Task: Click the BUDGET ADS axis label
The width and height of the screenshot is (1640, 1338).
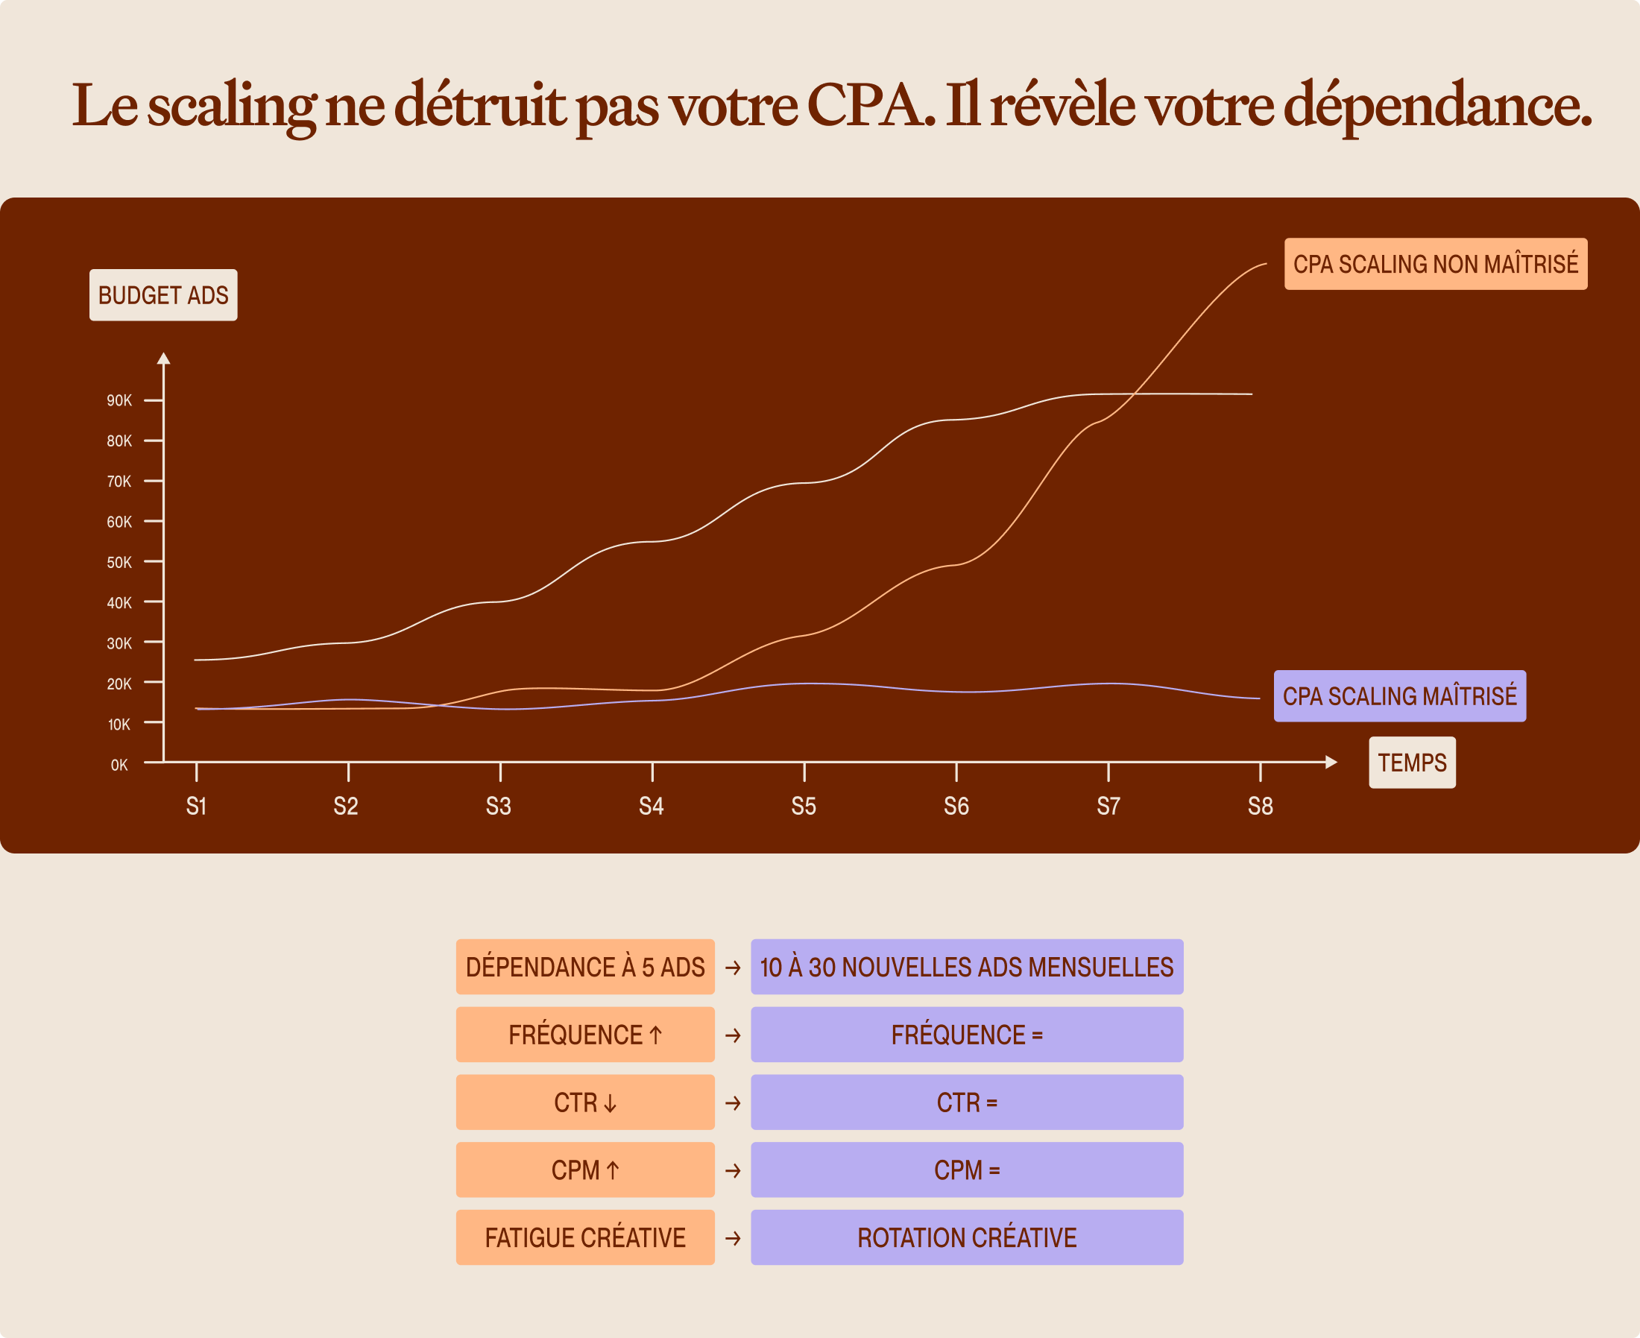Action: point(163,295)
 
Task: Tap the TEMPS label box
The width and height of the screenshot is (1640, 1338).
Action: point(1412,763)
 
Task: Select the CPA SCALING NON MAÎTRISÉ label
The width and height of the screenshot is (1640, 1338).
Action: point(1436,264)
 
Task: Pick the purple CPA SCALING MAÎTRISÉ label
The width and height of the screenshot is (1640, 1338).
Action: point(1399,696)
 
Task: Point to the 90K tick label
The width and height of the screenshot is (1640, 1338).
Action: point(119,401)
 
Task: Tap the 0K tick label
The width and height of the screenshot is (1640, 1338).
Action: point(119,766)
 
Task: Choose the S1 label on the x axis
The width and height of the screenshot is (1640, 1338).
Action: point(197,807)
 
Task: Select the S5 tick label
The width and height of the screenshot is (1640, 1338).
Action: point(804,807)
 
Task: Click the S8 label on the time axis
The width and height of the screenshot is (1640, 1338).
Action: point(1260,807)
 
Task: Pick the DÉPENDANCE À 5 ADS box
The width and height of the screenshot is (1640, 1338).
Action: point(586,967)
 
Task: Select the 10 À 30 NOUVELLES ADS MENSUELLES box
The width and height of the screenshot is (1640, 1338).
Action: point(967,967)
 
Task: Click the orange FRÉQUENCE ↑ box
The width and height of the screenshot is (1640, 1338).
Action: point(586,1035)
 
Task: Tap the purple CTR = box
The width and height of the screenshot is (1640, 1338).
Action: point(967,1102)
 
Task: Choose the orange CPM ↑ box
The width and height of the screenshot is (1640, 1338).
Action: point(586,1170)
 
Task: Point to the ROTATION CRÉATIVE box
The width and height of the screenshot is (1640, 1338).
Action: point(967,1238)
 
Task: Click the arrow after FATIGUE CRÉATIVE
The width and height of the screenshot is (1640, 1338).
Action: point(733,1239)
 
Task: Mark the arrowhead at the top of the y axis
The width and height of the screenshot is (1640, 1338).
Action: point(163,358)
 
